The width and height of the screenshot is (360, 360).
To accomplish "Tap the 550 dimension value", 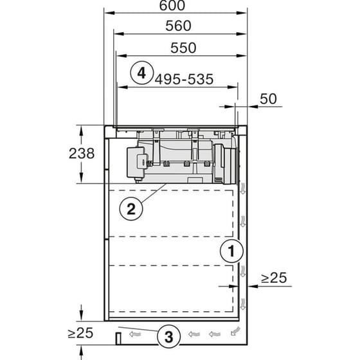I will [183, 48].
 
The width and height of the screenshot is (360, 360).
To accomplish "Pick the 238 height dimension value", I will [81, 154].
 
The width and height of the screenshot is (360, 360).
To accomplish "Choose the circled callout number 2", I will [131, 208].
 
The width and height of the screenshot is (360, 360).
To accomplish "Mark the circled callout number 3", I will [168, 335].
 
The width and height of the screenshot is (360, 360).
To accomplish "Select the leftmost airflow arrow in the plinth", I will [134, 334].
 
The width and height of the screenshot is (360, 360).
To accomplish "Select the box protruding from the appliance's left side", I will [135, 162].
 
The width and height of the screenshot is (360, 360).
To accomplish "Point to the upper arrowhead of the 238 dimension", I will [81, 129].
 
